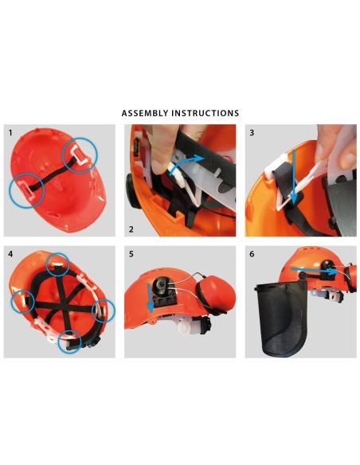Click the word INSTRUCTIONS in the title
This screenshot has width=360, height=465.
[x=206, y=113]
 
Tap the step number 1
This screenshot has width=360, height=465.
[x=10, y=132]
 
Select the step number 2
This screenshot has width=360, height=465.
[x=131, y=229]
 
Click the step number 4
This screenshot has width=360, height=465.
[x=10, y=254]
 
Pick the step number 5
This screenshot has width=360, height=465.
[x=131, y=254]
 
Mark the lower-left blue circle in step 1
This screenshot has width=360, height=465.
[x=26, y=190]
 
